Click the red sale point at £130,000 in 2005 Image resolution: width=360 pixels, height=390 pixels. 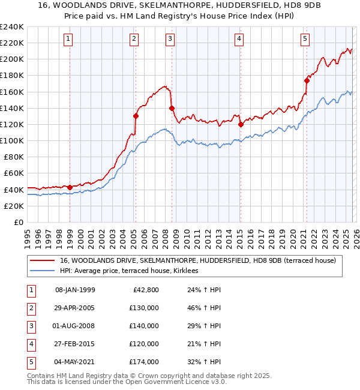tap(136, 116)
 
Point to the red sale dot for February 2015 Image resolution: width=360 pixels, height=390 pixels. tap(241, 124)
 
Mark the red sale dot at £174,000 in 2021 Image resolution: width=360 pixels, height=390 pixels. tap(307, 80)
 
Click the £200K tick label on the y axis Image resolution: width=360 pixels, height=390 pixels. tap(12, 59)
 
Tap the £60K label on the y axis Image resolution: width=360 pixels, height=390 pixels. tap(14, 173)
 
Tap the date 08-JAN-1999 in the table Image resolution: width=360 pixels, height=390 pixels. tap(75, 290)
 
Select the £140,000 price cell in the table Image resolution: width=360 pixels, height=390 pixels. tap(144, 326)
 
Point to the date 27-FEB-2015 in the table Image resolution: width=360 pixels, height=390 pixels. tap(75, 344)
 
